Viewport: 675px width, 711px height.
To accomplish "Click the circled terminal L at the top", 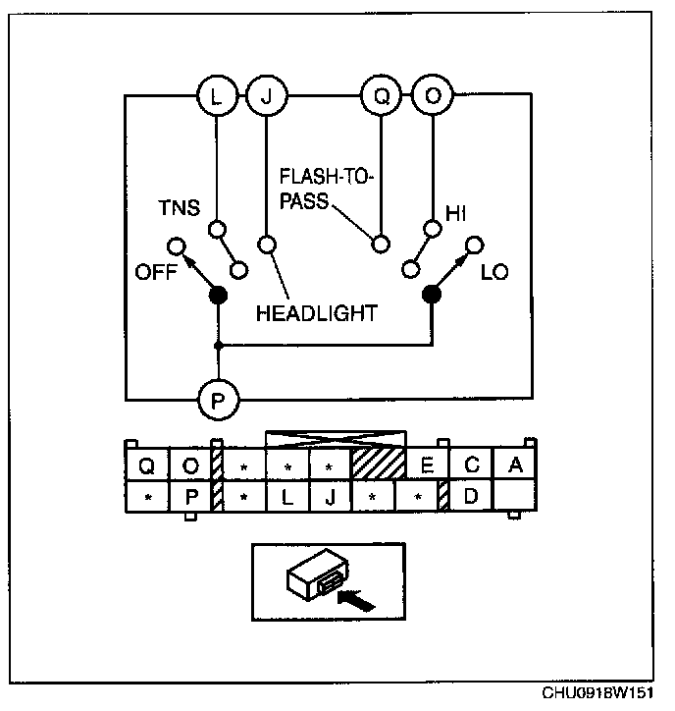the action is [218, 96].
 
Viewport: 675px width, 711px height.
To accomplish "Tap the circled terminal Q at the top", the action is [382, 95].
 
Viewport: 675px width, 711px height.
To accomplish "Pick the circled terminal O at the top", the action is [433, 95].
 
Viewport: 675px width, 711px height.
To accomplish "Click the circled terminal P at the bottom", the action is [219, 401].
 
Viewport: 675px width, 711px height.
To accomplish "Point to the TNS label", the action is [179, 207].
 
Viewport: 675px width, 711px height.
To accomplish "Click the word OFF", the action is [155, 272].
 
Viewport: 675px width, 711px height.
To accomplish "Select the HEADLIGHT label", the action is [317, 313].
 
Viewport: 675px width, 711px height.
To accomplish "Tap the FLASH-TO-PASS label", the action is [326, 189].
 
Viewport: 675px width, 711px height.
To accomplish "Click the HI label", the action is [456, 213].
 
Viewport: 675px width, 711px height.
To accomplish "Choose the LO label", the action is [494, 272].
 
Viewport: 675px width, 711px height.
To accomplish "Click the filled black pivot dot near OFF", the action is [218, 296].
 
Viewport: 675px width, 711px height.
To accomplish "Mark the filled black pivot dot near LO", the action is [432, 295].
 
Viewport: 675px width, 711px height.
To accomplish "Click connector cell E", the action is [428, 465].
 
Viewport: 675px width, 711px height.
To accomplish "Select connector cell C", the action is [472, 465].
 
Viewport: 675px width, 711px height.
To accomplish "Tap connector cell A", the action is [515, 465].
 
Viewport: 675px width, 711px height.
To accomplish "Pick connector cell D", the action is [471, 496].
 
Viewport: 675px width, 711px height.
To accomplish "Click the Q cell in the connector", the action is [146, 465].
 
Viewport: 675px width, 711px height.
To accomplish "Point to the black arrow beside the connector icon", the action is [356, 600].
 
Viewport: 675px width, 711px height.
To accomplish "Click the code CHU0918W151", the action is [597, 693].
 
